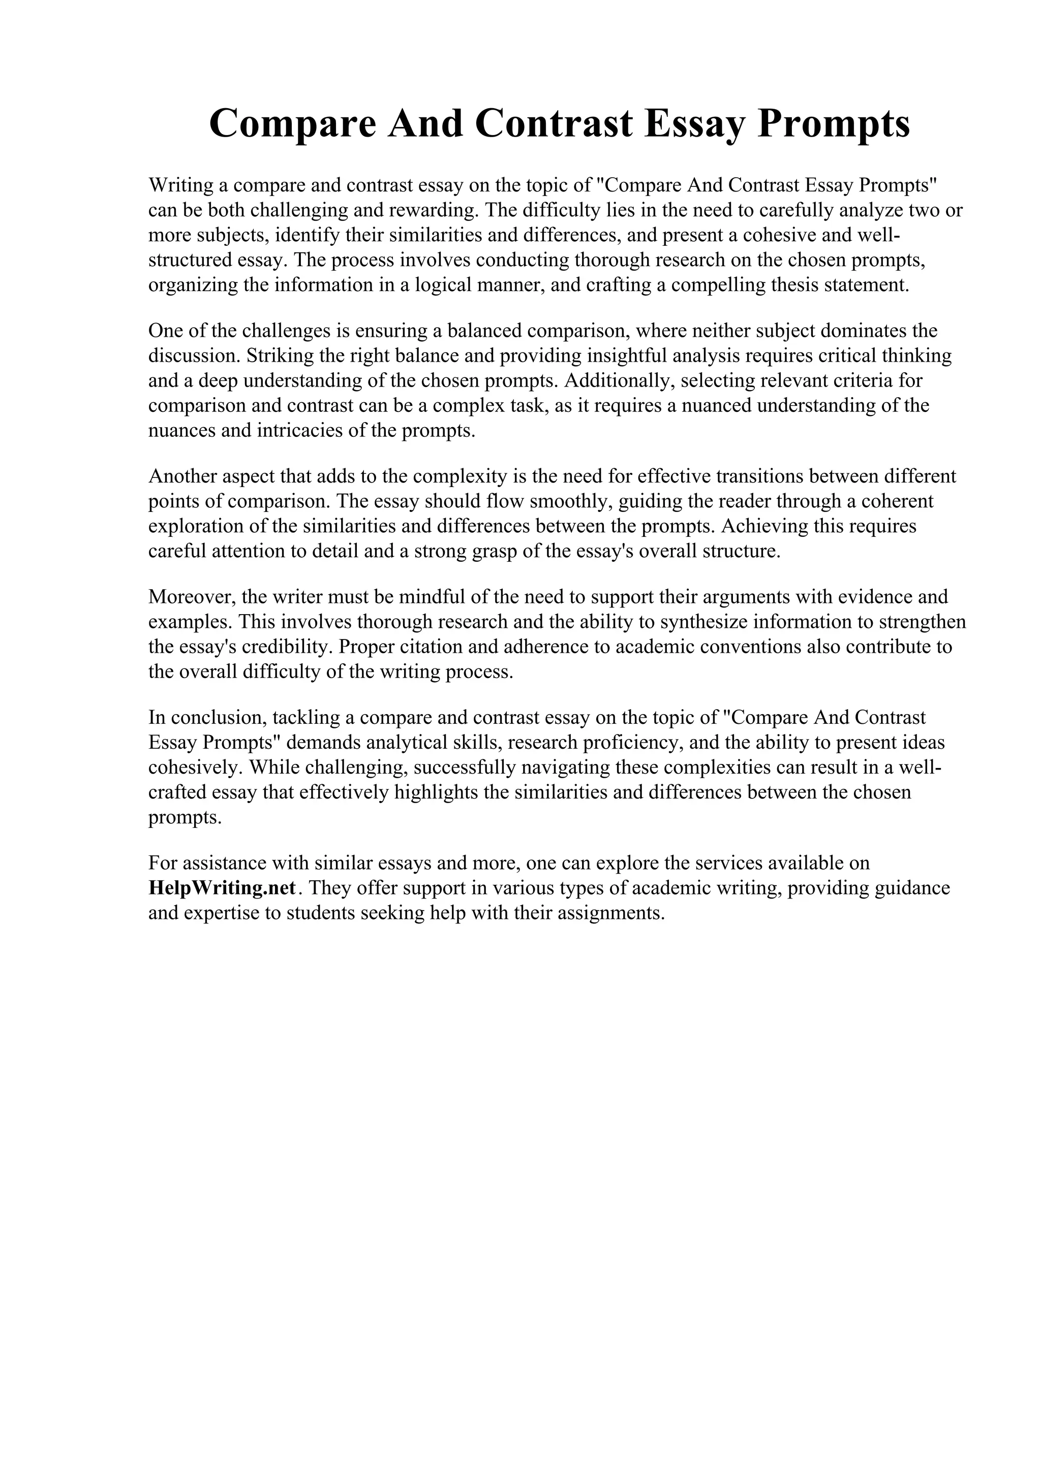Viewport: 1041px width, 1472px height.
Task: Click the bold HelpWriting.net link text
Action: tap(222, 888)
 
